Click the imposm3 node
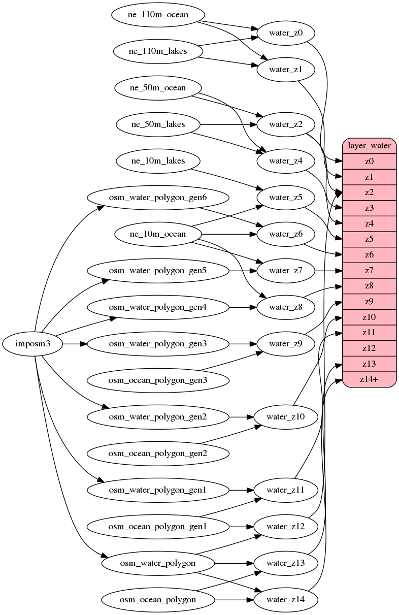(x=32, y=344)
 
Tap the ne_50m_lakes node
(x=158, y=124)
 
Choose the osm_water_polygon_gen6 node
(x=157, y=198)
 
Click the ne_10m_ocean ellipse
(x=158, y=234)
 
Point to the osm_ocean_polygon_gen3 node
(x=157, y=380)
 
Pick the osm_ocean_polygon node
(x=157, y=600)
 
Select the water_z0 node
(x=286, y=34)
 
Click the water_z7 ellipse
(x=286, y=271)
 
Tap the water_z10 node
(x=286, y=417)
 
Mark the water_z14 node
(x=286, y=600)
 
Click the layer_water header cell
(x=369, y=146)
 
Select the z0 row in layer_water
(x=369, y=161)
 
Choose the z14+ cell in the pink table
(x=369, y=379)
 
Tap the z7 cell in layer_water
(x=369, y=270)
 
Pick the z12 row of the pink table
(x=369, y=348)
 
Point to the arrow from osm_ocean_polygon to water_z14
(x=234, y=600)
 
